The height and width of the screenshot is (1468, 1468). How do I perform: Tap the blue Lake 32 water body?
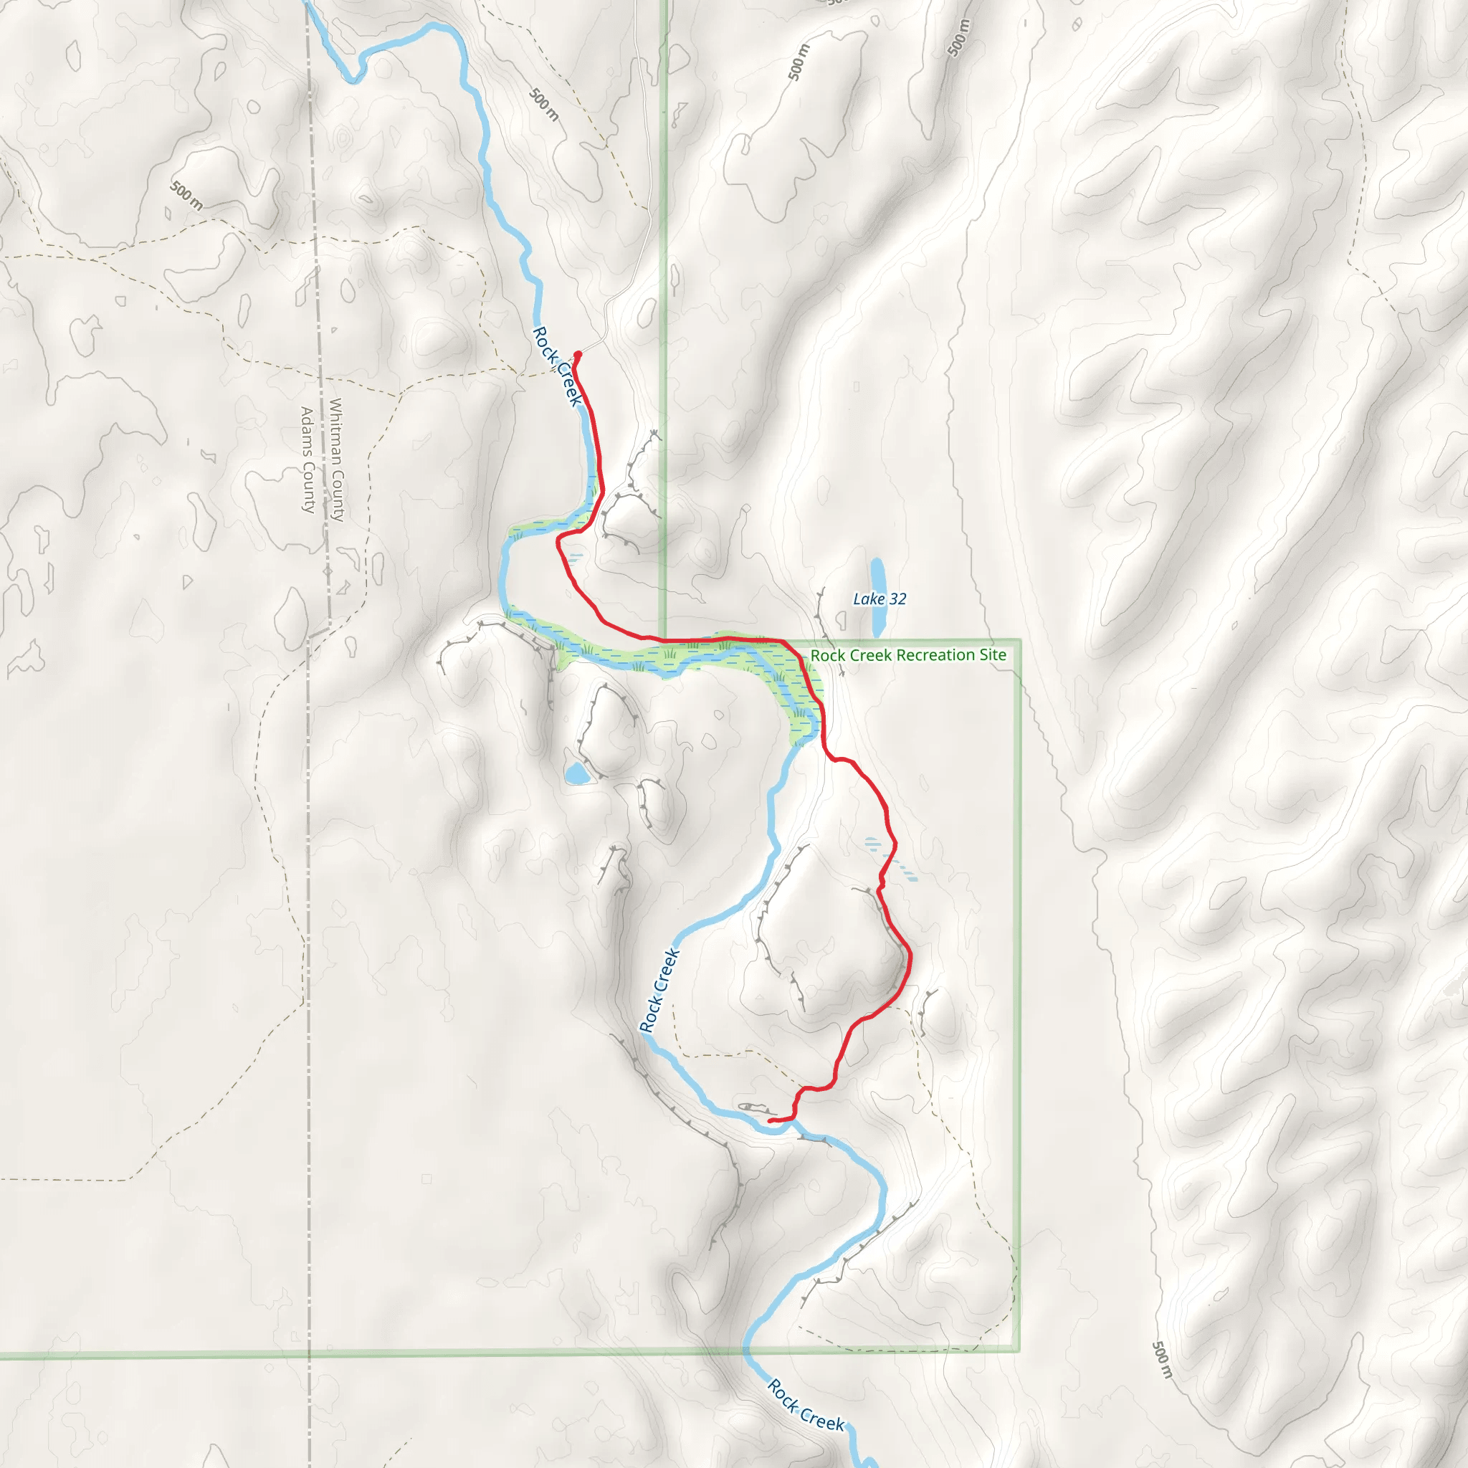[877, 597]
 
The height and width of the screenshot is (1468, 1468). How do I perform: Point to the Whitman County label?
[337, 459]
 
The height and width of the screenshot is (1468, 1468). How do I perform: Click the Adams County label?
[308, 459]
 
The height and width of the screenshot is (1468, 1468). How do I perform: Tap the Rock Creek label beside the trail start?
[558, 366]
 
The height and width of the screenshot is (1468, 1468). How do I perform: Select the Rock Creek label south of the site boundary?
[806, 1405]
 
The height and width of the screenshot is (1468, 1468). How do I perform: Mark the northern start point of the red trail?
[578, 354]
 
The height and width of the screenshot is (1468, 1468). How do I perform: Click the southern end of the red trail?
[771, 1121]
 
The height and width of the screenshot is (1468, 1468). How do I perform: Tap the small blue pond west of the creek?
[577, 774]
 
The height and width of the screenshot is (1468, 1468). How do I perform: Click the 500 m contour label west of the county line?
[186, 194]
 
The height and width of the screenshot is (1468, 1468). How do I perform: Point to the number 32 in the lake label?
[897, 599]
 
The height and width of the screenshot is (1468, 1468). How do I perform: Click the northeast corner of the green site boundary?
[1019, 641]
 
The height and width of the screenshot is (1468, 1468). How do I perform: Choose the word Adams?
[308, 429]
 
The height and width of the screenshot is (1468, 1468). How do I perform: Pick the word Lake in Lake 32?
[869, 599]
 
